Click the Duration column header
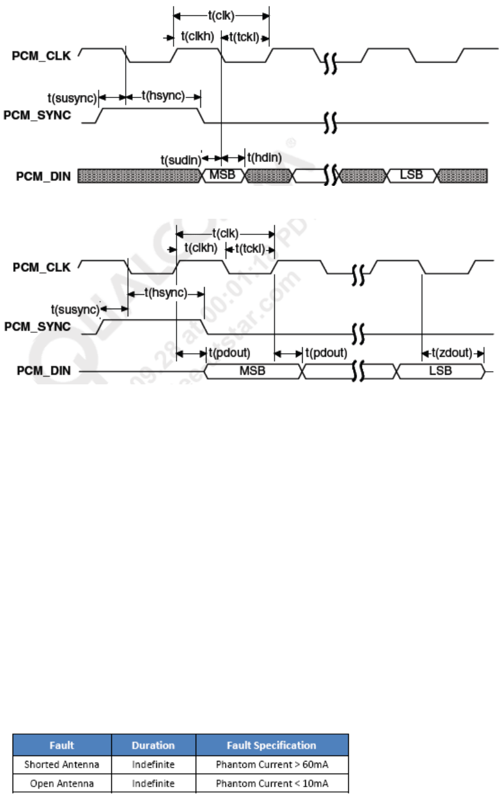154,745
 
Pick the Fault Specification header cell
272,745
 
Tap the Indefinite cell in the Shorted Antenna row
154,763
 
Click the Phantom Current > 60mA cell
272,763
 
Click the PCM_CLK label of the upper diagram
41,57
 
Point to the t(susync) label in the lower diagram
74,309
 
